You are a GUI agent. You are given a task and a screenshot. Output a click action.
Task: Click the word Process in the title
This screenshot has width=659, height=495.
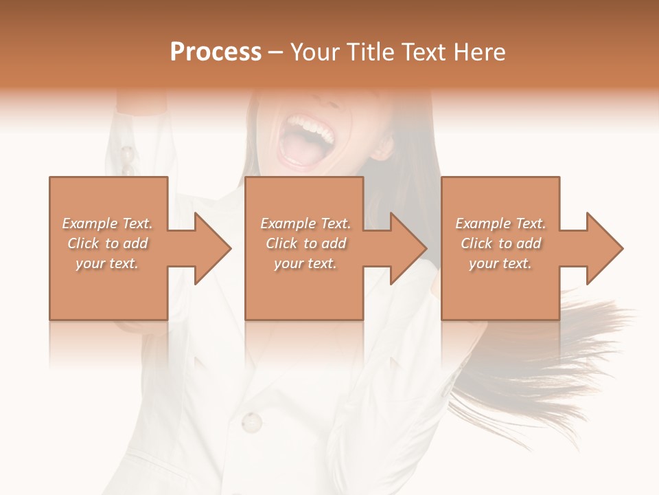(216, 52)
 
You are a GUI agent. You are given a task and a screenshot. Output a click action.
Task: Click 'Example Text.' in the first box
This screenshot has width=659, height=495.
(107, 223)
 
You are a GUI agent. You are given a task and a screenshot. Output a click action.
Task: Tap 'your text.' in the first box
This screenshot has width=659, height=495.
(107, 263)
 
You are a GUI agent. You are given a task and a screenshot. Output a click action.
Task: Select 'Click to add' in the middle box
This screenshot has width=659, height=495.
(305, 243)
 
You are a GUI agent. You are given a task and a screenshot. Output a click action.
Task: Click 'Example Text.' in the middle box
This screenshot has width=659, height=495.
(305, 223)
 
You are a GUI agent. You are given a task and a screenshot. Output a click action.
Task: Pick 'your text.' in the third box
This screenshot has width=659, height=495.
(500, 263)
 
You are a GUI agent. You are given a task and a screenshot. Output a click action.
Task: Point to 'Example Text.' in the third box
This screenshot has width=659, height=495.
(500, 223)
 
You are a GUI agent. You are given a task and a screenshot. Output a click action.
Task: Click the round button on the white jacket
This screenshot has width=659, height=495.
(252, 420)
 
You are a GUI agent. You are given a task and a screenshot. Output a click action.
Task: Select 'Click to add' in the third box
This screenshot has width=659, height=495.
(500, 243)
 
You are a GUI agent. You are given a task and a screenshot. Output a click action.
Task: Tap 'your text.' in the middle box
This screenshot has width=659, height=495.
(305, 263)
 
